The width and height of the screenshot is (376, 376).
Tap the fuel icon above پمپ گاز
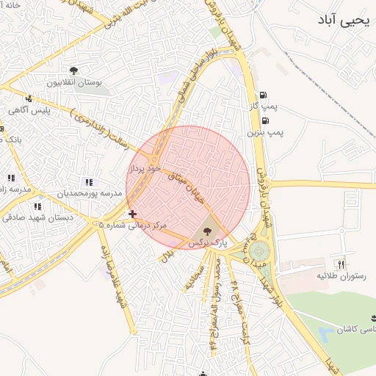(264, 95)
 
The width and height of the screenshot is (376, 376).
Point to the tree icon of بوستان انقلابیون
(73, 70)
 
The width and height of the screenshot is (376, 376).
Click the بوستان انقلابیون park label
(73, 83)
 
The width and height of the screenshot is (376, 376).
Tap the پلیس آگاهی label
(28, 109)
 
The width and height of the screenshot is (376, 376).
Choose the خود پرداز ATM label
(144, 169)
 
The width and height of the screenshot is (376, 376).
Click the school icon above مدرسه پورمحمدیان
(89, 182)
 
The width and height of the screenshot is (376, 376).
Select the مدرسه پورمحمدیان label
(84, 194)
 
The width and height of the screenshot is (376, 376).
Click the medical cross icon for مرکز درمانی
(132, 214)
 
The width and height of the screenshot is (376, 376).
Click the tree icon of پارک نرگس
(205, 230)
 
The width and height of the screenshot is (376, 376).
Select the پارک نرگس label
(205, 242)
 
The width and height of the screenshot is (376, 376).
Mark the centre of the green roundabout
(258, 251)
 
